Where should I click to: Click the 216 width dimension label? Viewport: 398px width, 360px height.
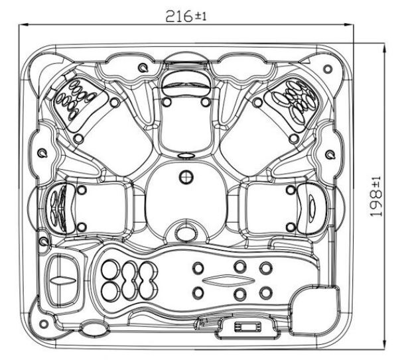point(186,16)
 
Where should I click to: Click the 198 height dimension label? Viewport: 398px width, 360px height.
point(375,197)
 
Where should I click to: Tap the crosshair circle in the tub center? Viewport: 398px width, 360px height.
point(186,177)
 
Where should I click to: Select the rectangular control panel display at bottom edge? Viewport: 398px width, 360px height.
point(247,326)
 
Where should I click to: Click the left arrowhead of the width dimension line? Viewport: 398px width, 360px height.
point(23,25)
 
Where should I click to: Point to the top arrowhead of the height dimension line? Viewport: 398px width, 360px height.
point(385,47)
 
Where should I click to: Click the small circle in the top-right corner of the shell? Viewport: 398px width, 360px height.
point(328,68)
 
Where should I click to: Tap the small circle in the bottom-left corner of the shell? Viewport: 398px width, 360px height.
point(43,324)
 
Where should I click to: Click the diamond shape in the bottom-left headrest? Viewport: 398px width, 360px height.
point(63,280)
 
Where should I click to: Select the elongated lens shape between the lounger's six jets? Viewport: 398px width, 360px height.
point(228,280)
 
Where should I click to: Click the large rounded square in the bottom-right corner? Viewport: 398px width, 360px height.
point(314,311)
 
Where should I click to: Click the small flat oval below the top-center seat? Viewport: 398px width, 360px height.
point(186,156)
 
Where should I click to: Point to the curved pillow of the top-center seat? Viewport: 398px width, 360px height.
point(186,81)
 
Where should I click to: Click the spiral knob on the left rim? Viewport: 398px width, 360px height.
point(42,153)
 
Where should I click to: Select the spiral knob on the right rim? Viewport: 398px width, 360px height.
point(330,154)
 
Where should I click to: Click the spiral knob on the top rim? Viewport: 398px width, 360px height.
point(143,67)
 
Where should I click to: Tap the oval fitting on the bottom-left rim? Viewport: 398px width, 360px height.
point(94,328)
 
